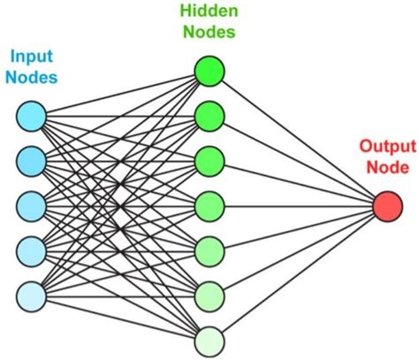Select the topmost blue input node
point(31,115)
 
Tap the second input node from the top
point(31,159)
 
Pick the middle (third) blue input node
point(31,204)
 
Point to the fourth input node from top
point(31,249)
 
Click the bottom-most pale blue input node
point(31,295)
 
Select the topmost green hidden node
point(209,71)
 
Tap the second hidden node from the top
point(209,115)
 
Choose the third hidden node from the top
point(209,160)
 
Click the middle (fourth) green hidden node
point(209,205)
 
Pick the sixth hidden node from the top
point(209,295)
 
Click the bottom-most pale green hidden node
point(209,340)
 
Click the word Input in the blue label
point(30,57)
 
